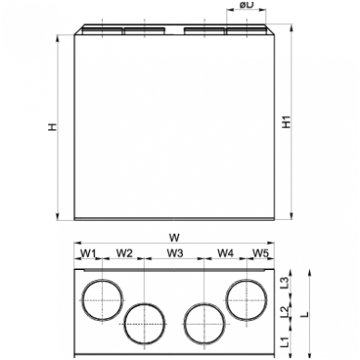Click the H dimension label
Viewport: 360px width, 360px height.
[x=53, y=127]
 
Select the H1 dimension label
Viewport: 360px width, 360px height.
[x=288, y=122]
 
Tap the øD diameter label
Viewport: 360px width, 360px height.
[x=247, y=5]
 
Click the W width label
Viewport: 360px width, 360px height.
[x=174, y=238]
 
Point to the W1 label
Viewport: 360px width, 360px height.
[x=88, y=253]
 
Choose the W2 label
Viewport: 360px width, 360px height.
[x=124, y=253]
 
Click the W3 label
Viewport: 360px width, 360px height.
[x=175, y=253]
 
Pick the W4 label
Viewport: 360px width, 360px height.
[x=225, y=253]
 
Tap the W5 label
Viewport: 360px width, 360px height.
[x=261, y=253]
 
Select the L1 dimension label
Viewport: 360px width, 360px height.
[x=286, y=341]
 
